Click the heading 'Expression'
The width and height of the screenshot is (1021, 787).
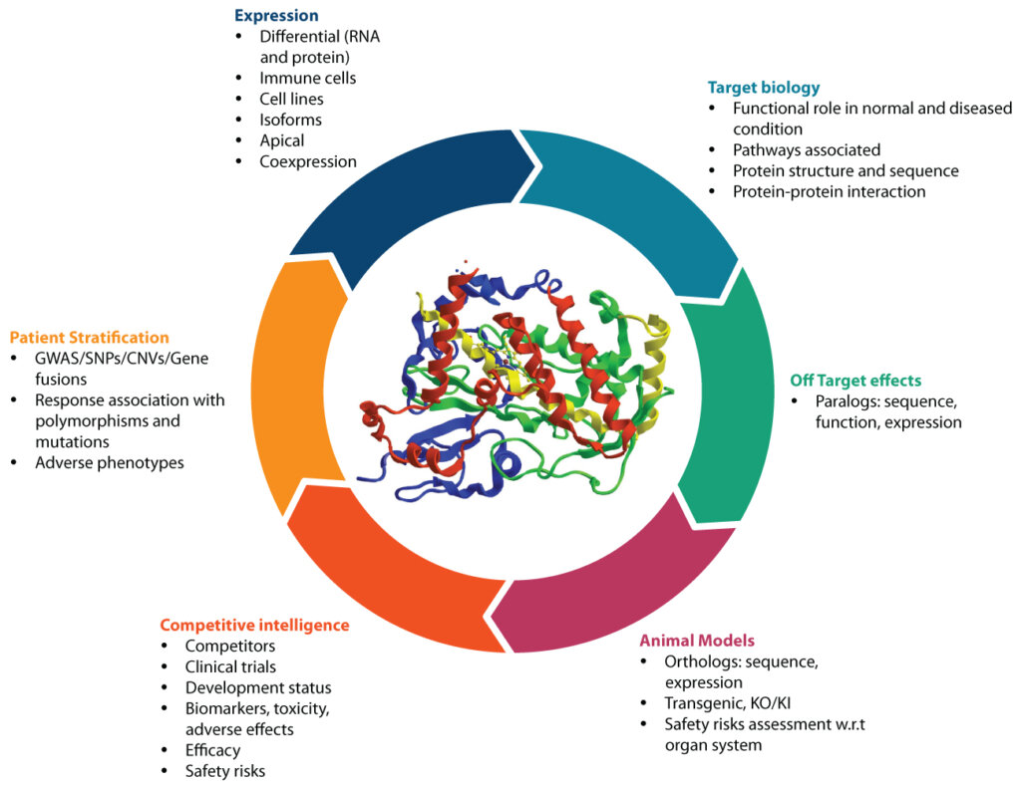276,16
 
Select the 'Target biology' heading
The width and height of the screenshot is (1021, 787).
763,87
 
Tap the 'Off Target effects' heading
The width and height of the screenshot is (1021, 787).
854,381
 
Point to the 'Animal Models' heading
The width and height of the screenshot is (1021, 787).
696,640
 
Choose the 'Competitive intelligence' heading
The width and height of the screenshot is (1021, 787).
254,625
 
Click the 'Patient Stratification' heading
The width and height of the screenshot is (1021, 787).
90,338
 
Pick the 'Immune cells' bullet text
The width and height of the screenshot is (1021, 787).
308,78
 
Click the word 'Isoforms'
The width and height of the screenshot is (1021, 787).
290,120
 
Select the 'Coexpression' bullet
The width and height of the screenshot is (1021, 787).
308,161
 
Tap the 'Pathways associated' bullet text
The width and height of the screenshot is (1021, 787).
806,149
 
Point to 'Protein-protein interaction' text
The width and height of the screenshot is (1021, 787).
829,191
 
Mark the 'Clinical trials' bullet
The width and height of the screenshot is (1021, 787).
230,666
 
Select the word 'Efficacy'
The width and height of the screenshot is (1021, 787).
212,750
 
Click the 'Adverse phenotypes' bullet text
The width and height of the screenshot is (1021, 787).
110,462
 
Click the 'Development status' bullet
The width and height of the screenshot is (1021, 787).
258,687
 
